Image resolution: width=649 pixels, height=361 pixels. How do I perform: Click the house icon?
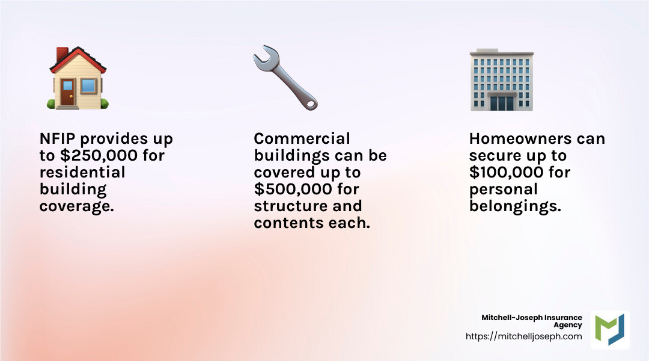pyautogui.click(x=78, y=78)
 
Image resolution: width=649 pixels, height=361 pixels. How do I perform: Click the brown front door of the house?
pyautogui.click(x=68, y=92)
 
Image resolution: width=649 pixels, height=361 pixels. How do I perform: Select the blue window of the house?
pyautogui.click(x=88, y=85)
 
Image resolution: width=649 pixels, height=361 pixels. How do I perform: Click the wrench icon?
pyautogui.click(x=285, y=78)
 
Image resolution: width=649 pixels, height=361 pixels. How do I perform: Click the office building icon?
pyautogui.click(x=501, y=81)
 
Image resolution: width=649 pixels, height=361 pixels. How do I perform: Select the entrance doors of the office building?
pyautogui.click(x=501, y=102)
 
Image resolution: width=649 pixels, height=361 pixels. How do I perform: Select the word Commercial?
pyautogui.click(x=302, y=139)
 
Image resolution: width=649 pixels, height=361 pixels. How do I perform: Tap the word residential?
pyautogui.click(x=82, y=173)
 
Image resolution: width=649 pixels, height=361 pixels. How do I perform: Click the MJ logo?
pyautogui.click(x=610, y=330)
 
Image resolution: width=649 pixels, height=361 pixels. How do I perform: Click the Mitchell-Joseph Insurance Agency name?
pyautogui.click(x=532, y=321)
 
